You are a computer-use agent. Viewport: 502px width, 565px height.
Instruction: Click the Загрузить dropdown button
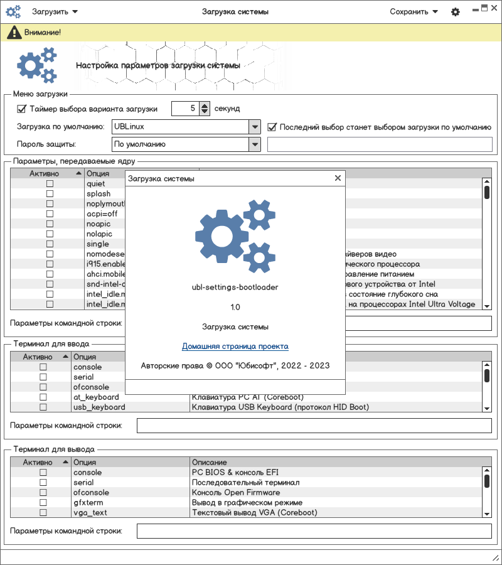(55, 11)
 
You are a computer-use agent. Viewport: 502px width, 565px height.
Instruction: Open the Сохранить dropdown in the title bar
(414, 11)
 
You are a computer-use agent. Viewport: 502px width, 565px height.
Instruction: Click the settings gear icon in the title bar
(456, 12)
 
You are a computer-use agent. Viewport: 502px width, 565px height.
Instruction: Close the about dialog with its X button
(338, 178)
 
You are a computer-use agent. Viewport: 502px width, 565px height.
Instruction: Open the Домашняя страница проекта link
(235, 346)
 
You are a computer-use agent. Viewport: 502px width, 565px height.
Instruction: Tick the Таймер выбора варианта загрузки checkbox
(21, 109)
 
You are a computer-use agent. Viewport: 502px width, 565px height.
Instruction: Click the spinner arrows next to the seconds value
(205, 109)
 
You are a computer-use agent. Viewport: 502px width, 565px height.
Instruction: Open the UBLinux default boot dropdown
(254, 127)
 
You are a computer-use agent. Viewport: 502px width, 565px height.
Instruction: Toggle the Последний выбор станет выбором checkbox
(272, 127)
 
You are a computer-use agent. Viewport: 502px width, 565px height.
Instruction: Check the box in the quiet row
(50, 183)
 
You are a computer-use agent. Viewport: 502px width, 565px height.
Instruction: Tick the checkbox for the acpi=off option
(50, 213)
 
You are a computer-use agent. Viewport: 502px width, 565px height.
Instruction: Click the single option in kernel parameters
(98, 244)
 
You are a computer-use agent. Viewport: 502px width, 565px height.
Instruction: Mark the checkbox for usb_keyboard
(43, 407)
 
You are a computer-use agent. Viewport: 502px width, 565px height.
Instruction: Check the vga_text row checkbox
(43, 512)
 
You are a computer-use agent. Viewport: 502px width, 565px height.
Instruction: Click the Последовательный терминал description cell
(245, 482)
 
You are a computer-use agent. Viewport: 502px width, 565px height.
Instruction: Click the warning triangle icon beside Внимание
(13, 31)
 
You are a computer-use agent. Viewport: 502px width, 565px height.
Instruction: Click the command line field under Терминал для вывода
(314, 531)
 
